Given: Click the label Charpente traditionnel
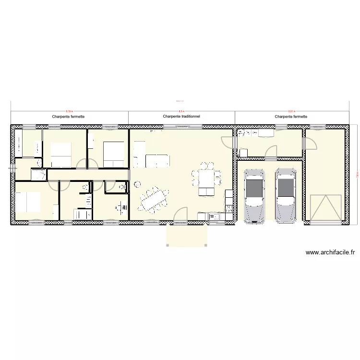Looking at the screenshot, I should pos(181,116).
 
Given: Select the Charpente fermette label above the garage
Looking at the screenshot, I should pos(291,116).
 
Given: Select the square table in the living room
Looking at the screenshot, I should pos(207,178).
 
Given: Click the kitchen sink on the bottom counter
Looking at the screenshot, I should pos(214,216).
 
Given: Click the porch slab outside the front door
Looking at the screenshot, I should pos(187,235).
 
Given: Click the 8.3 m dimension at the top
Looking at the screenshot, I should pos(181,110).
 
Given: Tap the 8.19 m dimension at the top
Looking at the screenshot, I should pos(70,110).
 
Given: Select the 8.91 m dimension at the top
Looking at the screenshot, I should pos(291,110).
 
